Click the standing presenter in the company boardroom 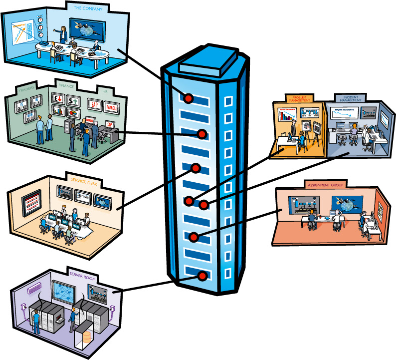[63, 33]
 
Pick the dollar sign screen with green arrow [73, 101]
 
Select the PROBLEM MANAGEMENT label [300, 98]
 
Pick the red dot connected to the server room [202, 276]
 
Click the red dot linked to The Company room [189, 98]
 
